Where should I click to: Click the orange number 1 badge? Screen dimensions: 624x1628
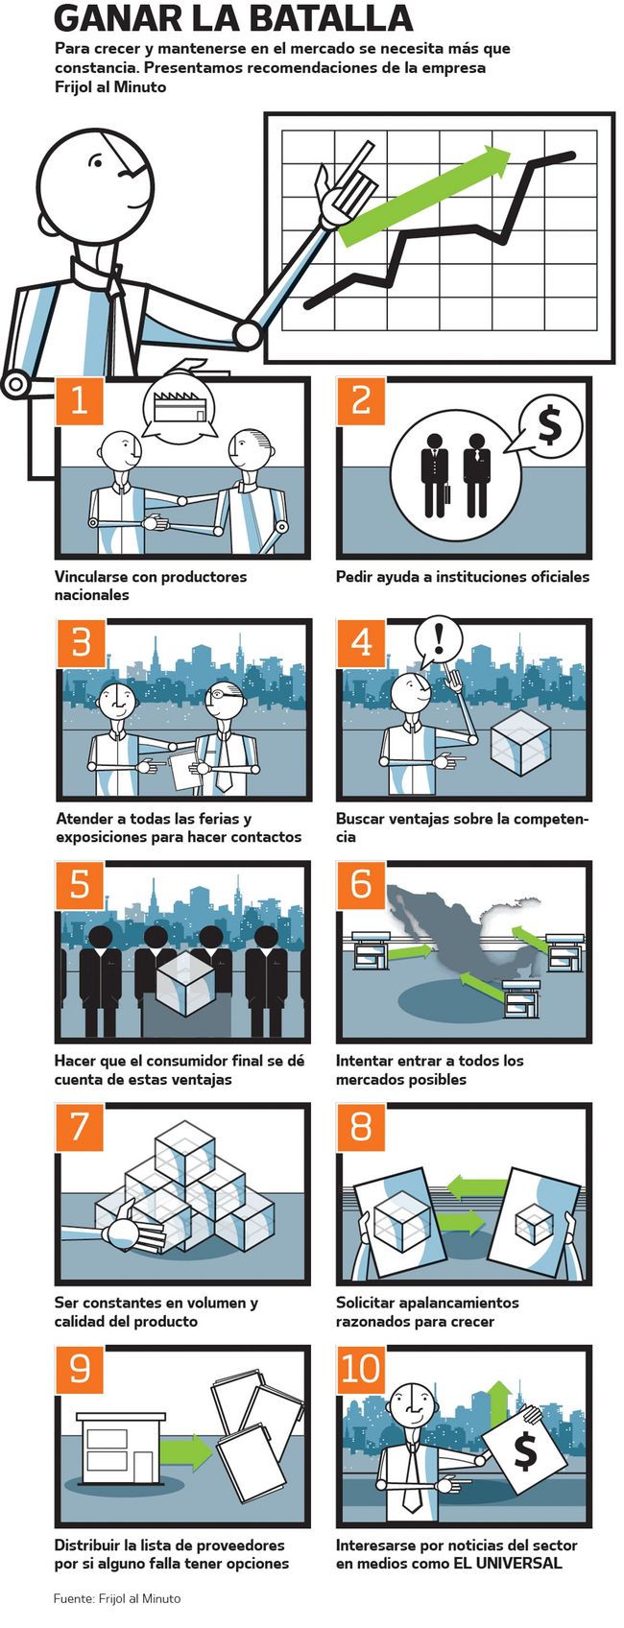80,400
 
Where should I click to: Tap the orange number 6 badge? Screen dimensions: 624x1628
362,884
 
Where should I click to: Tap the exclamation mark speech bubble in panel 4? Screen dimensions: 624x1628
439,640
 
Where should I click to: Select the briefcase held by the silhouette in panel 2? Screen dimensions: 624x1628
448,494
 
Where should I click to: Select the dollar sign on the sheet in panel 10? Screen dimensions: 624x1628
525,1452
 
